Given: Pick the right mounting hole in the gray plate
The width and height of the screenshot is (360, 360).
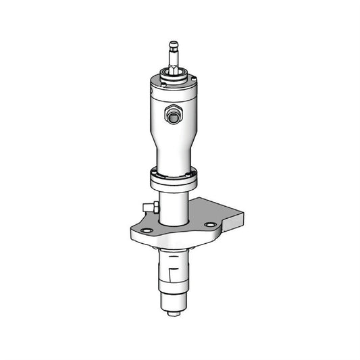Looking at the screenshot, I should [210, 225].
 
